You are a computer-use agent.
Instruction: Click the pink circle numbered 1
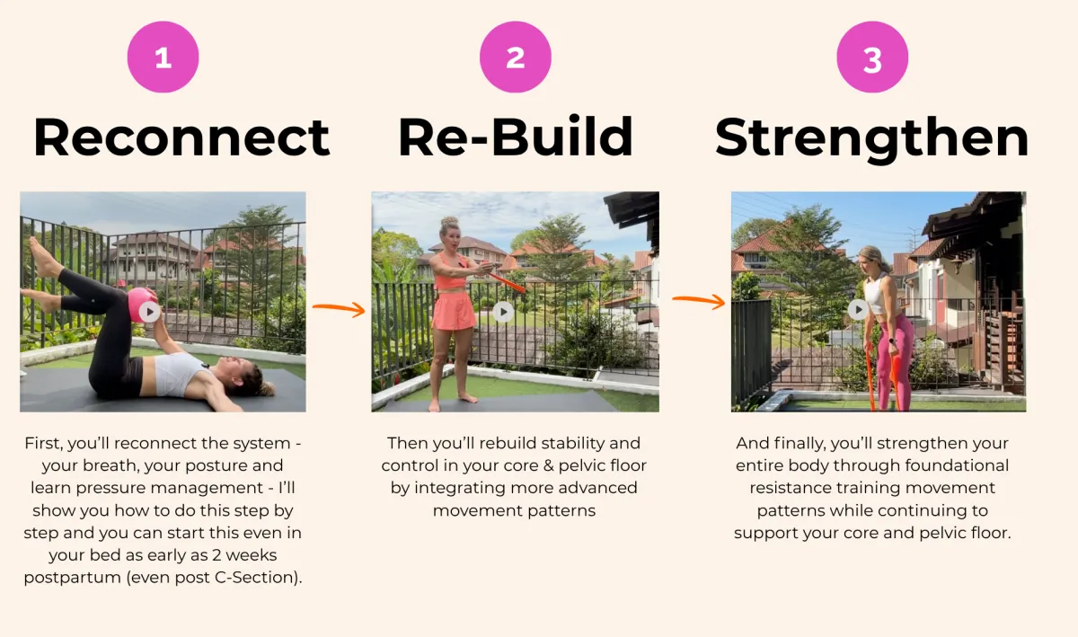click(163, 57)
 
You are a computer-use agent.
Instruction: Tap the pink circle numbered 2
click(516, 57)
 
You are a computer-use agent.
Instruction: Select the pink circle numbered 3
click(872, 57)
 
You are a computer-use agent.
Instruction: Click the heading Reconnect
click(181, 137)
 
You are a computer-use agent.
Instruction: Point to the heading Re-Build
click(516, 137)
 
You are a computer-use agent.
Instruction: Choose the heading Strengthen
click(871, 139)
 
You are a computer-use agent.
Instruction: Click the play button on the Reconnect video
click(150, 312)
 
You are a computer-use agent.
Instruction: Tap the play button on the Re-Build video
click(503, 312)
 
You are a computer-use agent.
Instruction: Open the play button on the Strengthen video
click(858, 310)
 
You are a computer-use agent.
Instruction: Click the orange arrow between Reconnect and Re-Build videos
click(339, 308)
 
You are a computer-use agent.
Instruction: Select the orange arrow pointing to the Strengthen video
click(699, 301)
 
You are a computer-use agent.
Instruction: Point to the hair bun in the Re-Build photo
click(449, 223)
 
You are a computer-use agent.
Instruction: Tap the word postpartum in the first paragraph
click(72, 578)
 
